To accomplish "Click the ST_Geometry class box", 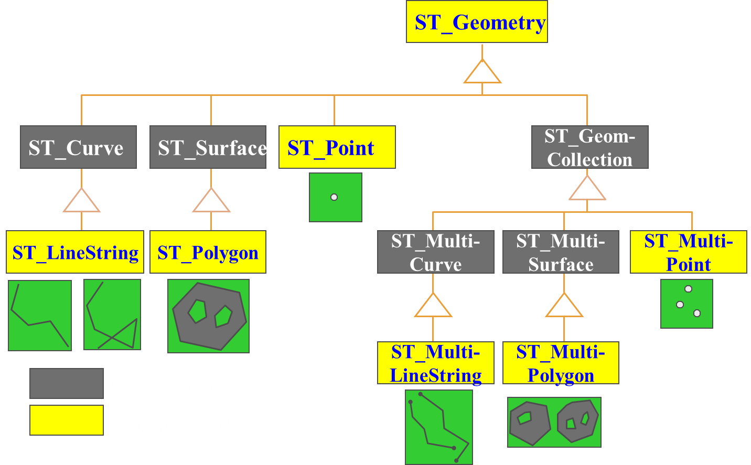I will [x=477, y=22].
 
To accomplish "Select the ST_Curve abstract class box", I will [x=78, y=147].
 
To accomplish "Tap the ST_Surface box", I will [x=208, y=147].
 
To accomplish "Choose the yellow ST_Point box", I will [x=337, y=147].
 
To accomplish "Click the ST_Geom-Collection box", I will [x=589, y=147].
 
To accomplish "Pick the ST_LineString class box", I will [x=75, y=252].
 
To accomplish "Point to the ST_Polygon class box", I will [x=208, y=252].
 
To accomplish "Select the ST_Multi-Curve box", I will [x=435, y=252].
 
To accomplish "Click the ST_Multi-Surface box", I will [x=561, y=252].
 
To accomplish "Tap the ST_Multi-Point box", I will [x=688, y=252].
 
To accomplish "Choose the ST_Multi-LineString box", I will [x=435, y=363].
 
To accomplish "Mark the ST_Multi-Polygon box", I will [x=561, y=363].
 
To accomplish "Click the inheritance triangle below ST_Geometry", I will [x=482, y=72].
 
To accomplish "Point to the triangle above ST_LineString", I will [x=81, y=201].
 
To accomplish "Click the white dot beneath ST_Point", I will [x=334, y=197].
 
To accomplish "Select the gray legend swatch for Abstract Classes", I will [x=67, y=383].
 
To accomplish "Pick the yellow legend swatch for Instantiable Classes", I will [x=67, y=420].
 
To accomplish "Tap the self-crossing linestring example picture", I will [x=112, y=315].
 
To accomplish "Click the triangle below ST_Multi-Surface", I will [x=564, y=306].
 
